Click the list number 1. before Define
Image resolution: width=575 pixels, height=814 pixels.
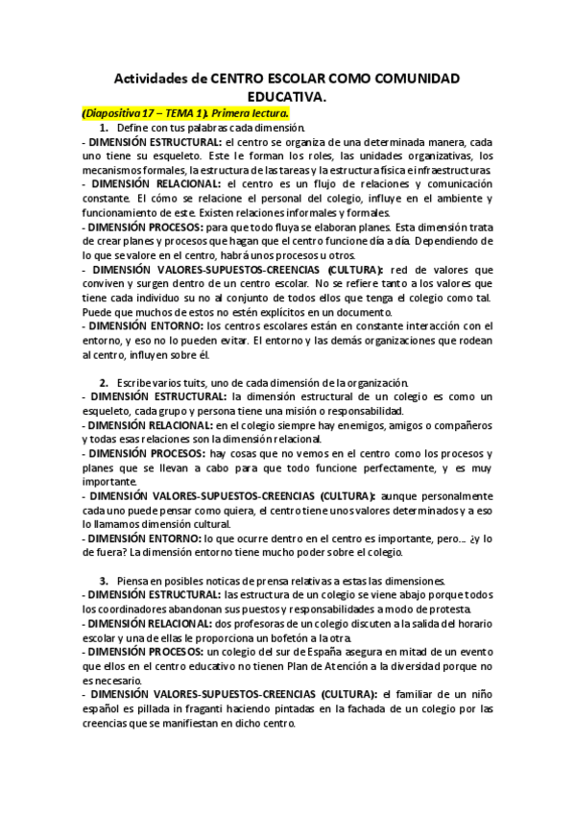[x=104, y=128]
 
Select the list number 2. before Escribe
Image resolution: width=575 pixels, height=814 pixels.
[x=104, y=383]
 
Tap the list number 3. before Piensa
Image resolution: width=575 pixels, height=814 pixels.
[x=104, y=581]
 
